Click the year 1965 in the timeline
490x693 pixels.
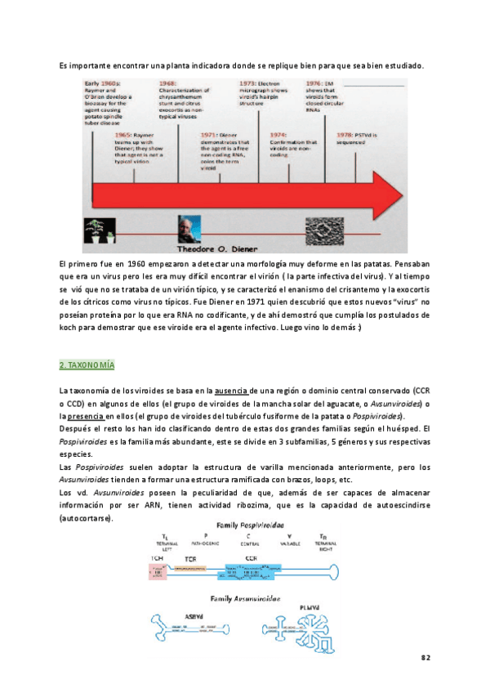pyautogui.click(x=125, y=133)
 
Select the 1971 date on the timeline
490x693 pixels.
pyautogui.click(x=210, y=133)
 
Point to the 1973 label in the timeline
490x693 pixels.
pyautogui.click(x=248, y=83)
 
